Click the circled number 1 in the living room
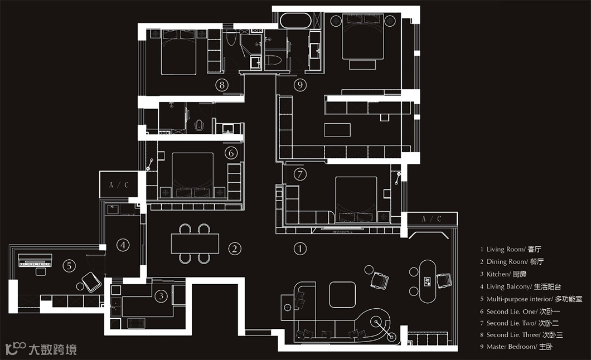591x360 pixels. [300, 249]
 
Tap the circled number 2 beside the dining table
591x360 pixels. [235, 249]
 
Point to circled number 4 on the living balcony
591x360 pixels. [123, 244]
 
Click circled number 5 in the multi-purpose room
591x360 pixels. [69, 266]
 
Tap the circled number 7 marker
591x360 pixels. [300, 174]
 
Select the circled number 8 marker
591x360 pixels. [222, 85]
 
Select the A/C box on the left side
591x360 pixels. [119, 184]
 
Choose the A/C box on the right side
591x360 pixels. [432, 219]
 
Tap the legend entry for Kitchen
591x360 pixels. [506, 274]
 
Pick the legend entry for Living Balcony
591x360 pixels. [517, 286]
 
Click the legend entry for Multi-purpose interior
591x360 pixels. [530, 299]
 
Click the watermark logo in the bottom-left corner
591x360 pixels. [41, 349]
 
